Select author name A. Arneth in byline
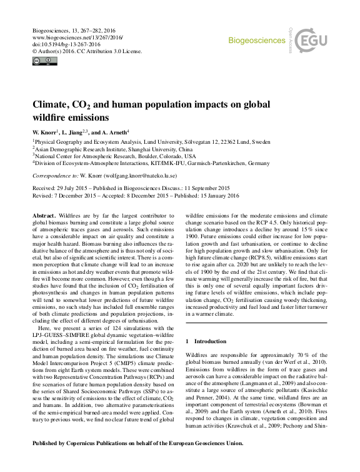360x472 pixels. [115, 132]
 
